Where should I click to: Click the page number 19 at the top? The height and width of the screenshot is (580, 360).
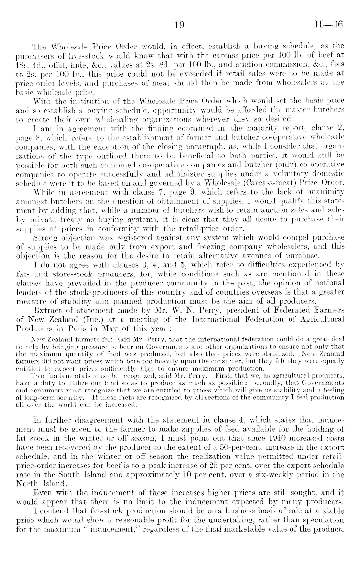(179, 25)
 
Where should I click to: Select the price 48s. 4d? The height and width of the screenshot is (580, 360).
(28, 64)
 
